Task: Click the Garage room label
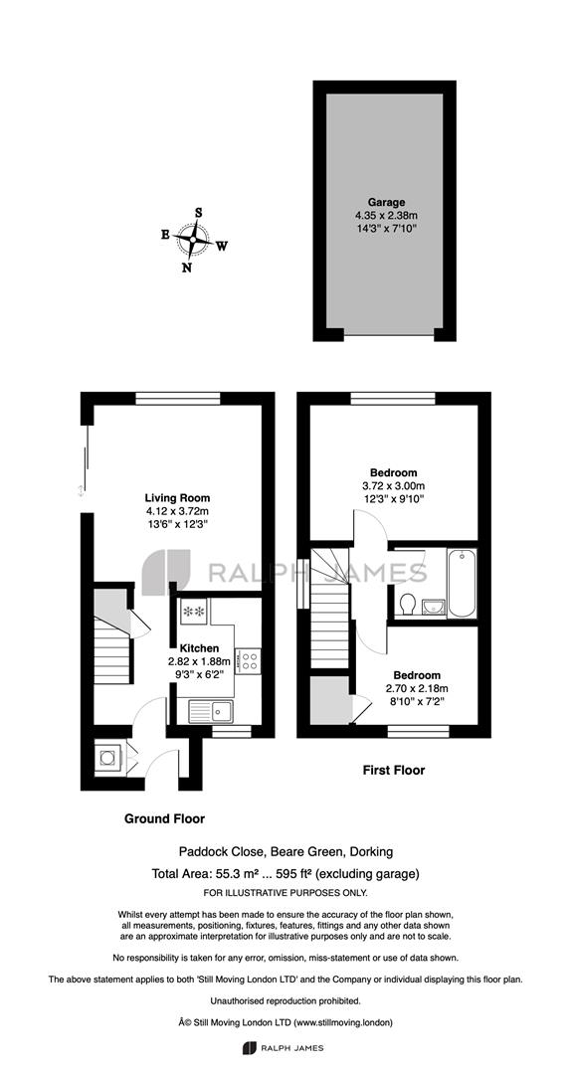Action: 386,202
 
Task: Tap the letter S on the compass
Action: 199,213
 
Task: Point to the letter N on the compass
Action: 186,268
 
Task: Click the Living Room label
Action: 177,498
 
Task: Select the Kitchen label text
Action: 199,648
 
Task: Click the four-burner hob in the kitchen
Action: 248,661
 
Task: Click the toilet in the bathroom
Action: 407,605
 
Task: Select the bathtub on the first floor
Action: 462,583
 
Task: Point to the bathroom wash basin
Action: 433,606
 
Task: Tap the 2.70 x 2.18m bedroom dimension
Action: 413,688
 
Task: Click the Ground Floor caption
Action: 164,818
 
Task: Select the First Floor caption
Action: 394,770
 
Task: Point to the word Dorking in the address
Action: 371,852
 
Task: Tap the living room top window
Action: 177,398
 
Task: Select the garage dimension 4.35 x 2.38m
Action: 386,214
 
